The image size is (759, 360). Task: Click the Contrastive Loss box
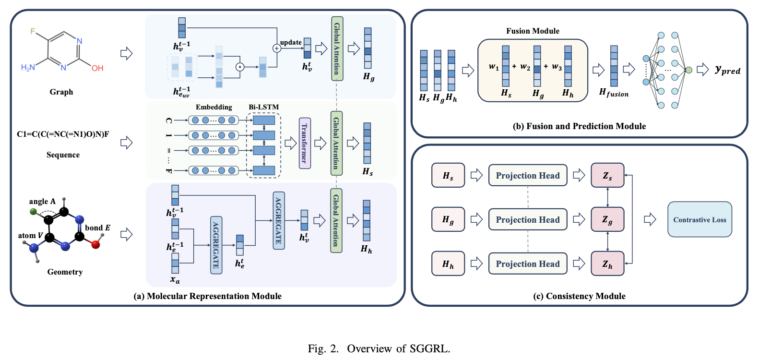tap(700, 219)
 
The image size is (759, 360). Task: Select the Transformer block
tap(305, 143)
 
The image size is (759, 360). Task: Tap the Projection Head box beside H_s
tap(527, 175)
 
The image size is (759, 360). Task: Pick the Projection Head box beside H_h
tap(527, 264)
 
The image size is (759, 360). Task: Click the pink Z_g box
tap(607, 219)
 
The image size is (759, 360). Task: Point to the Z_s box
tap(607, 175)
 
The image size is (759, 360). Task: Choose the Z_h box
tap(607, 264)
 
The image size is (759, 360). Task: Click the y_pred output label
tap(727, 70)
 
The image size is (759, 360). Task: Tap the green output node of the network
tap(688, 70)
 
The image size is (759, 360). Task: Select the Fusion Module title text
tap(533, 31)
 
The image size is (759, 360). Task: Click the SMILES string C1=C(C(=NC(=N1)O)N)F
tap(63, 134)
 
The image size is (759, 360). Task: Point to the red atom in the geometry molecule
tap(95, 244)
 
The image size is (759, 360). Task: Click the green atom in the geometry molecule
tap(33, 211)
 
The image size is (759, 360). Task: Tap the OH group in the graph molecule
tap(97, 68)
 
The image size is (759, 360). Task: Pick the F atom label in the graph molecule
tap(33, 31)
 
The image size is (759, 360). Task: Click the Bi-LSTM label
tap(263, 107)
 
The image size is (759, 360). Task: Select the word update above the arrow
tap(291, 42)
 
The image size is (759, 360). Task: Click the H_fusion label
tap(614, 93)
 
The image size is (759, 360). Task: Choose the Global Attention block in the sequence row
tap(336, 143)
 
